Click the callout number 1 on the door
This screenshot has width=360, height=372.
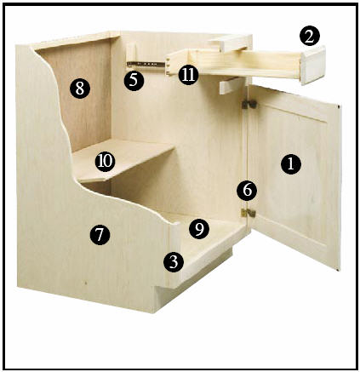pos(291,164)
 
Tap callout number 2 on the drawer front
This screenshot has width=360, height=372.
pos(310,36)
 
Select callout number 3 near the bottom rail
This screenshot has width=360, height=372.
pos(174,261)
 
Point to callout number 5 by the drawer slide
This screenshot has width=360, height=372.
pos(132,80)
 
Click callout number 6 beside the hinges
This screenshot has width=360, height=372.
pos(245,189)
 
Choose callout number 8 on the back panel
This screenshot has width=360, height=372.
pos(79,88)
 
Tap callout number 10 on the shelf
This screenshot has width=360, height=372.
pos(105,159)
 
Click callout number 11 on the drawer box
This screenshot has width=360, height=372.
pos(188,74)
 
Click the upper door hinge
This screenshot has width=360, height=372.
pos(249,104)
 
